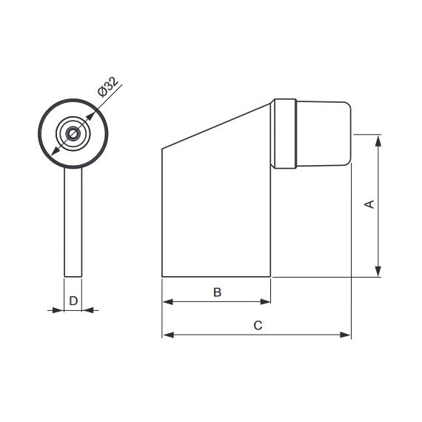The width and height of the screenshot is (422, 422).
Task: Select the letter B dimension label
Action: click(x=217, y=292)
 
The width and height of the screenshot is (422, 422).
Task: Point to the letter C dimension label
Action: click(x=258, y=325)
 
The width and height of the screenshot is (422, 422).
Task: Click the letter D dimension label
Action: click(x=73, y=301)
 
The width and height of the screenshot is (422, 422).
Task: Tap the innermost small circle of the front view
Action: click(x=73, y=134)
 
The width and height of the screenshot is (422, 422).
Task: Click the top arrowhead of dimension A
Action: click(x=378, y=141)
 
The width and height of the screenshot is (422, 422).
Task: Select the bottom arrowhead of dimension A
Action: click(x=378, y=271)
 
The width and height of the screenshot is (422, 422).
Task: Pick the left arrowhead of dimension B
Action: click(x=167, y=302)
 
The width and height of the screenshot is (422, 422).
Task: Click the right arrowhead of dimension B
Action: click(x=265, y=302)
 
